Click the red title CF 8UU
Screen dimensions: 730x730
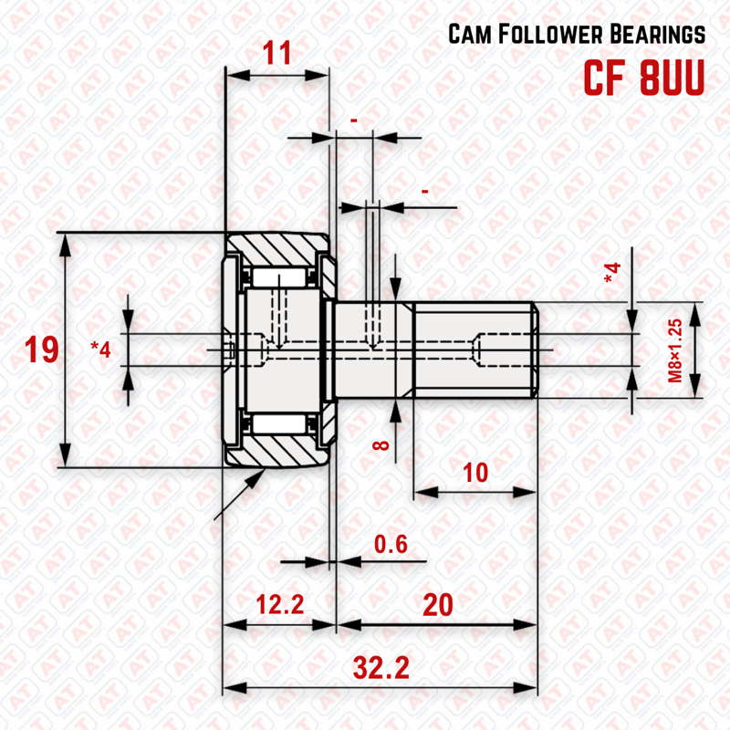coord(644,78)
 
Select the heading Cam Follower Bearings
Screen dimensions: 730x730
coord(577,35)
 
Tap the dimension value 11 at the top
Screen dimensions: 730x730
coord(276,53)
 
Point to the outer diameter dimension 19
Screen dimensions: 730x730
coord(41,349)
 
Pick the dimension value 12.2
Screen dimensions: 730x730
coord(278,603)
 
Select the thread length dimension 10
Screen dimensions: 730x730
coord(474,472)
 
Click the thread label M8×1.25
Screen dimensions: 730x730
coord(675,350)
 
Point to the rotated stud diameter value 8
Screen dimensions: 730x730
coord(381,446)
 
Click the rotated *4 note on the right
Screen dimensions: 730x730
coord(611,272)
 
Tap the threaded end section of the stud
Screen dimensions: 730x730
coord(474,350)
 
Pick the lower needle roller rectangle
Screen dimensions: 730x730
coord(281,422)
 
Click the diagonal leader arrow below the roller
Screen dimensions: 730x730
coord(239,494)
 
